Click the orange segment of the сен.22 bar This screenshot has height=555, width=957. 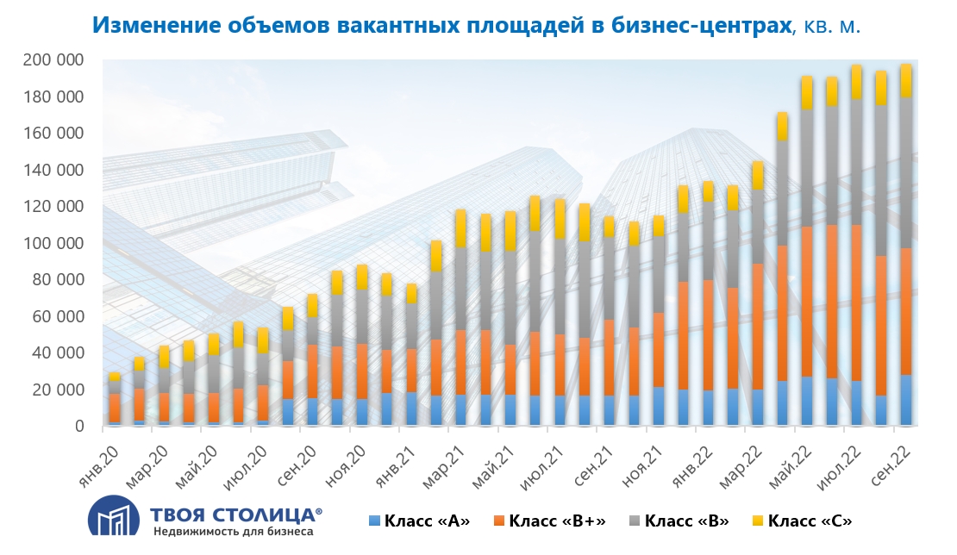(906, 311)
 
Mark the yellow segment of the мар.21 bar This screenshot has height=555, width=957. (460, 228)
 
